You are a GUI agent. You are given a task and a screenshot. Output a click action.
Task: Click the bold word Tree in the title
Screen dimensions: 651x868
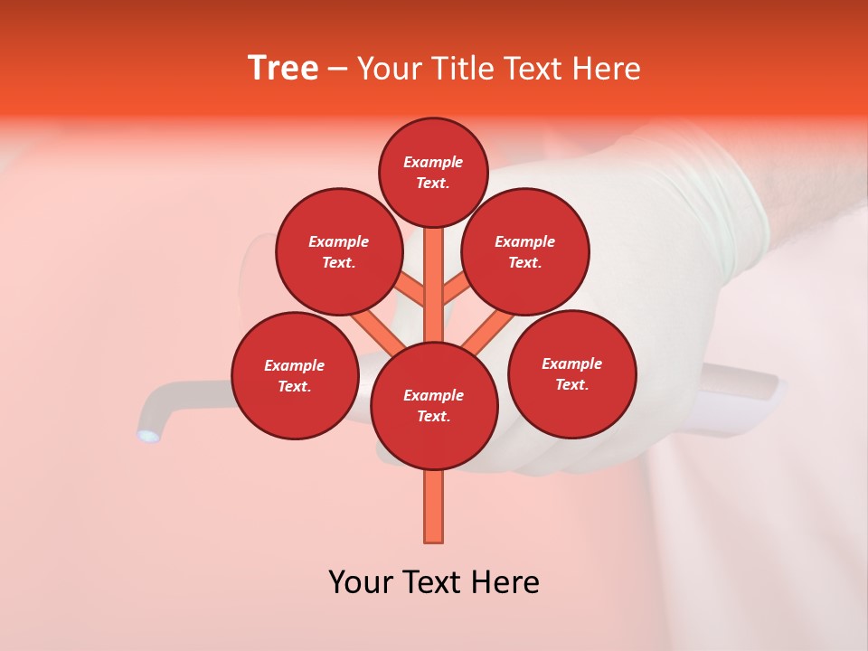[283, 69]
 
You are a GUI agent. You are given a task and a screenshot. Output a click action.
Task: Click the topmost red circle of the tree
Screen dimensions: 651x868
[434, 172]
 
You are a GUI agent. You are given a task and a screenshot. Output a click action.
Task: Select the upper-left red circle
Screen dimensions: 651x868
[339, 251]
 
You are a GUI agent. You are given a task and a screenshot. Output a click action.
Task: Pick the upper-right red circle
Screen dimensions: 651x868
[525, 251]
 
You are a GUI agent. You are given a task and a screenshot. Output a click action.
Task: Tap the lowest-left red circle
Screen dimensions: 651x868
[295, 375]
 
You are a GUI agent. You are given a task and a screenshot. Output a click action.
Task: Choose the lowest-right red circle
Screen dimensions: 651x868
[571, 373]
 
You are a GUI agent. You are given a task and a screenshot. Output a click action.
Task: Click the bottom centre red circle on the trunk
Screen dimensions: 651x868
[434, 405]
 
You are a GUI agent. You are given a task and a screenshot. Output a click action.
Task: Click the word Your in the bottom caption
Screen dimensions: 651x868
[360, 582]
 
